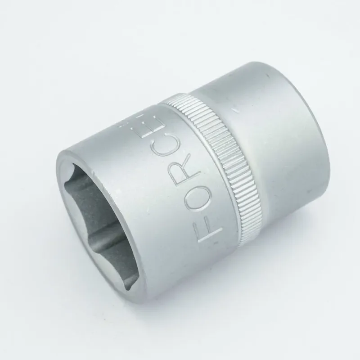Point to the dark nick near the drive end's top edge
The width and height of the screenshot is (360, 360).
[267, 75]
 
